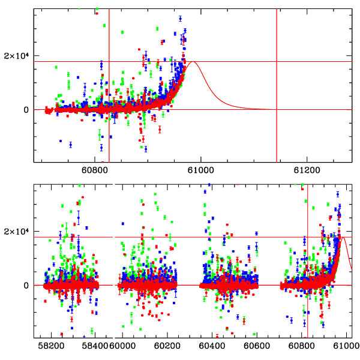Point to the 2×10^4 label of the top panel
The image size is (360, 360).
17,57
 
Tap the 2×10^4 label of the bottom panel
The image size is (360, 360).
17,232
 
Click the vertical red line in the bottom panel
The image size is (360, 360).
307,312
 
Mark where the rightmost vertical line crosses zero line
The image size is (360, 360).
277,109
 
